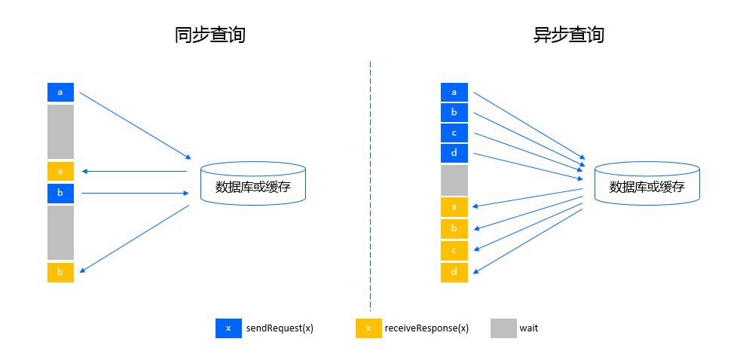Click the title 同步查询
click(x=210, y=35)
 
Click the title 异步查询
click(x=569, y=35)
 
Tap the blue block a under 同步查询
click(x=60, y=93)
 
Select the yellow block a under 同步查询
click(x=60, y=171)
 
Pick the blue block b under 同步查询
click(x=60, y=194)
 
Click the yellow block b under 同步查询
click(x=60, y=272)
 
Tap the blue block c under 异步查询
click(x=454, y=133)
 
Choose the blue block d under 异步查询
click(x=454, y=154)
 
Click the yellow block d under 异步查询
click(x=454, y=272)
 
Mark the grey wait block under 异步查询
click(x=454, y=180)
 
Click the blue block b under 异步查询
click(x=454, y=113)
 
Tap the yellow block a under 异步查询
click(x=454, y=207)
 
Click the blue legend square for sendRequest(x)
click(x=228, y=328)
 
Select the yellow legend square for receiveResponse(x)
click(x=368, y=328)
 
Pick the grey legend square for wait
click(x=503, y=328)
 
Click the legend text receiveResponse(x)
click(x=427, y=328)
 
